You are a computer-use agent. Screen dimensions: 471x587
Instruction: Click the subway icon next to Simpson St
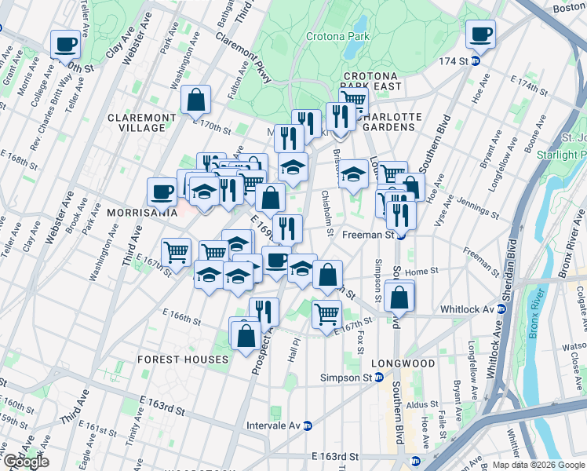pyautogui.click(x=379, y=378)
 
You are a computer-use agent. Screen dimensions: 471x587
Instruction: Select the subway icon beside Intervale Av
pyautogui.click(x=308, y=426)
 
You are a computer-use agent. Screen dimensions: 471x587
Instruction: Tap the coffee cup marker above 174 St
pyautogui.click(x=480, y=35)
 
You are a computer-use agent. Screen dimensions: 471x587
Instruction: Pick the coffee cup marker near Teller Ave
pyautogui.click(x=66, y=44)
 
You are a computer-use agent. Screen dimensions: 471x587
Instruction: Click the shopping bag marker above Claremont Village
pyautogui.click(x=195, y=100)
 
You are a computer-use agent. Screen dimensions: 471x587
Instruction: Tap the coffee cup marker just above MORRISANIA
pyautogui.click(x=162, y=191)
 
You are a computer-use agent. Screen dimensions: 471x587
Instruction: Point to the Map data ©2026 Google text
pyautogui.click(x=538, y=464)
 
